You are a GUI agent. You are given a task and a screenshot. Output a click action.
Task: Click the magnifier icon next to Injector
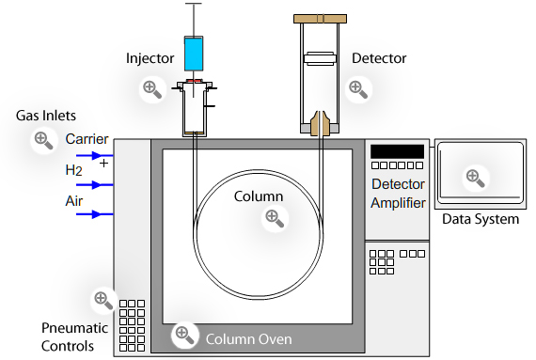(150, 89)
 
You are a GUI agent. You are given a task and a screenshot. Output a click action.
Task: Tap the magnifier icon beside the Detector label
(356, 89)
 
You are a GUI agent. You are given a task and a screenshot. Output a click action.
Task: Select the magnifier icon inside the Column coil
(274, 217)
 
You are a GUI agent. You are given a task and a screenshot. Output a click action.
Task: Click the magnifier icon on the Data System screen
(476, 176)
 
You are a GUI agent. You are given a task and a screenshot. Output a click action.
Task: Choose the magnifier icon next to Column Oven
(184, 334)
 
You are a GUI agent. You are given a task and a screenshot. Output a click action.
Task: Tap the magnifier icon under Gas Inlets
(42, 141)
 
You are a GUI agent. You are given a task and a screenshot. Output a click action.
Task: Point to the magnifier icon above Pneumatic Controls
(102, 301)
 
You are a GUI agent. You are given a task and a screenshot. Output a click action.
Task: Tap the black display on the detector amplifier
(397, 150)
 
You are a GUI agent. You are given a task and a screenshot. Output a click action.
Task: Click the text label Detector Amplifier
(398, 194)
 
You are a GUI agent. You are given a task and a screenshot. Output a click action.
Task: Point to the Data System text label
(480, 220)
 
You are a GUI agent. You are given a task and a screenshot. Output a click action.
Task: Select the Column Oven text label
(248, 339)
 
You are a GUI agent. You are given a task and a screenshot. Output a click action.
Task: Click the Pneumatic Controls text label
(81, 337)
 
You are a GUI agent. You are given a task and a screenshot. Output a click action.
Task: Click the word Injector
(150, 58)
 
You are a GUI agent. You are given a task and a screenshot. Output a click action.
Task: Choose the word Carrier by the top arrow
(87, 139)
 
